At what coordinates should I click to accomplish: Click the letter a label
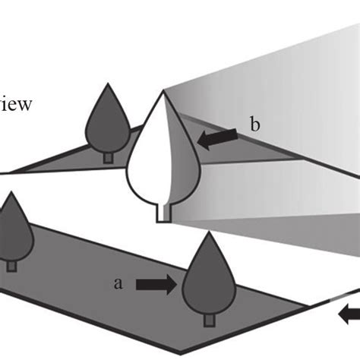point(118,283)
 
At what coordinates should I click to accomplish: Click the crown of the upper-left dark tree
point(108,125)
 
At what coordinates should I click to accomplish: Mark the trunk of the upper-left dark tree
point(108,156)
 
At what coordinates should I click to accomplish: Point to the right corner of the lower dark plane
point(310,308)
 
